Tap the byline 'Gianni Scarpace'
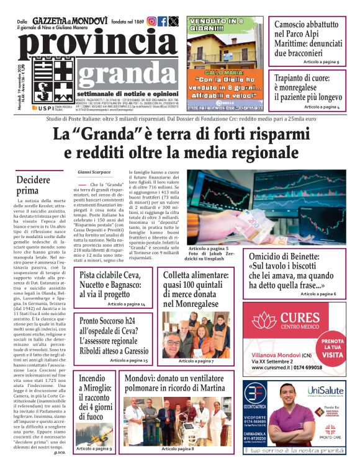pyautogui.click(x=94, y=171)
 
